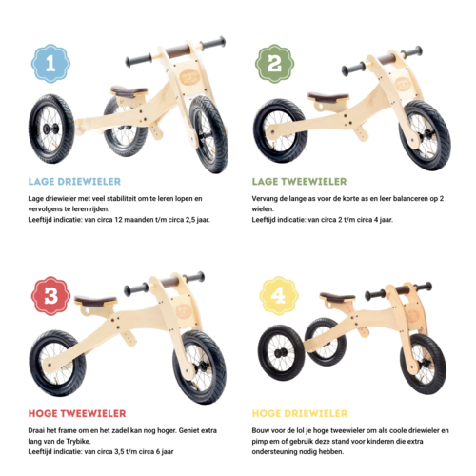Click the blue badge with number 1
[x=50, y=63]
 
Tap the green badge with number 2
[x=274, y=63]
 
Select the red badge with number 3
[x=50, y=295]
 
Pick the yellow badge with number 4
[x=279, y=295]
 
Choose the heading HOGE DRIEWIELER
[x=299, y=413]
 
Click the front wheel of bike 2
[x=423, y=133]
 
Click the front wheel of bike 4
[x=423, y=363]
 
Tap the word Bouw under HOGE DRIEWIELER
[x=264, y=429]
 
